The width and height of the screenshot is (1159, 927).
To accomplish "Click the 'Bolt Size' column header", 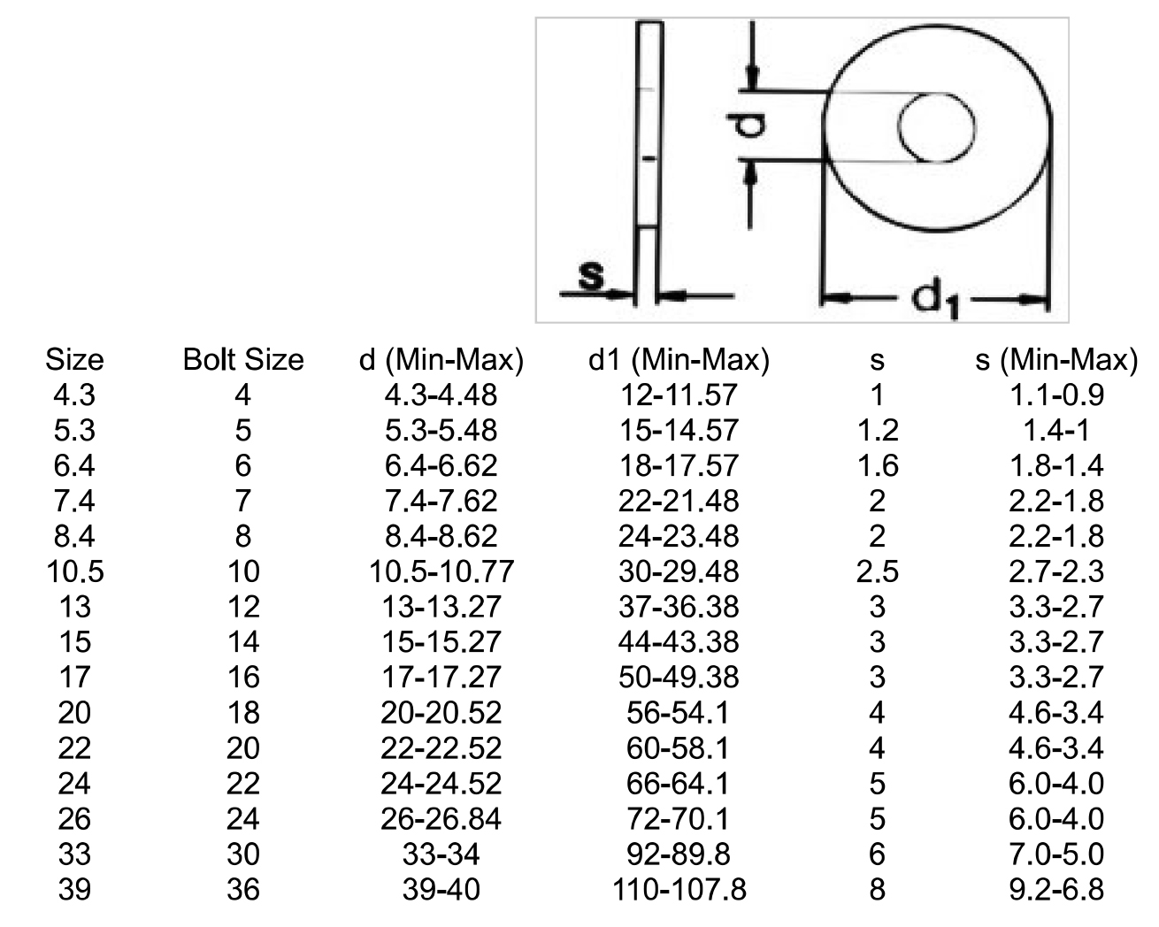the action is (x=243, y=360).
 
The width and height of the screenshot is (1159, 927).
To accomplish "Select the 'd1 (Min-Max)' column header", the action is (x=679, y=360).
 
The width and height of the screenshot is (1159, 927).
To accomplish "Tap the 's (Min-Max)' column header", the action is (x=1056, y=360).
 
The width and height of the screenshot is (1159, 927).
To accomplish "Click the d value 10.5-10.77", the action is (x=441, y=571).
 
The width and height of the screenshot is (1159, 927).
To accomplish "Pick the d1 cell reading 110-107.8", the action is (x=679, y=889).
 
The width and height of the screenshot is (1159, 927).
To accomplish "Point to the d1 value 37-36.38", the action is (x=679, y=607).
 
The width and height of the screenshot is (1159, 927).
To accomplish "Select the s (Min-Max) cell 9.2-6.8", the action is (x=1056, y=889).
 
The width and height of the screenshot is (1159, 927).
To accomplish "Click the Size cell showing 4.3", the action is (x=74, y=395).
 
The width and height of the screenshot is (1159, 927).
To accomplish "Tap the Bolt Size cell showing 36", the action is (x=243, y=889).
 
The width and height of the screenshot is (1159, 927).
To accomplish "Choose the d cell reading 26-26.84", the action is (x=441, y=819).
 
